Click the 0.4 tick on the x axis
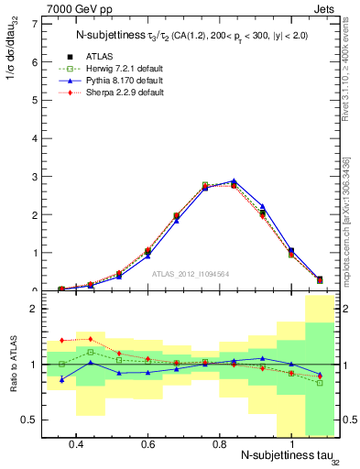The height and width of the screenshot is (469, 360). [76, 443]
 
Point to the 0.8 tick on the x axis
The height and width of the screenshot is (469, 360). [219, 443]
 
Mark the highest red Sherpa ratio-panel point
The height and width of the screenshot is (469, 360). [89, 338]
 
